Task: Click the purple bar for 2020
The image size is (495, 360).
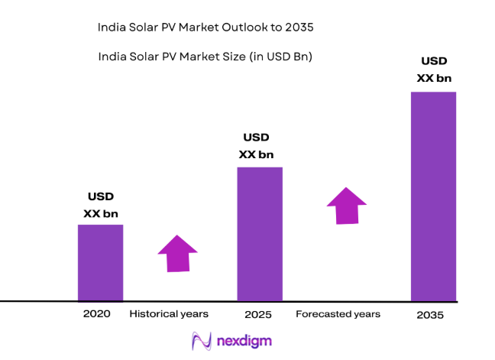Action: [x=100, y=262]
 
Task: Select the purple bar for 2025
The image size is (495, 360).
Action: [x=260, y=233]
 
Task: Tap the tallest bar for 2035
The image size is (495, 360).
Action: [x=433, y=196]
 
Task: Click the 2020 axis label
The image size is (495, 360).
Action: [x=97, y=314]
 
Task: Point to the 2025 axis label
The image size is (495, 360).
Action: [x=259, y=314]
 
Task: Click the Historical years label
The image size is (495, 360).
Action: [x=169, y=314]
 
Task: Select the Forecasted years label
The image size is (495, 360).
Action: [x=338, y=314]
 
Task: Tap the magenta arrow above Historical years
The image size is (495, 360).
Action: [x=177, y=253]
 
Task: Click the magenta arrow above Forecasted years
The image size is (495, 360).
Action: [x=346, y=205]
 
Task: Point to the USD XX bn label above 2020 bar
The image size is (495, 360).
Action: [x=101, y=205]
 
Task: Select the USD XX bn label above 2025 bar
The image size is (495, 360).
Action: [x=257, y=146]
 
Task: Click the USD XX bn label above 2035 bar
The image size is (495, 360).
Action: [x=433, y=70]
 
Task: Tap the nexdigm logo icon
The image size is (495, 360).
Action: [x=202, y=339]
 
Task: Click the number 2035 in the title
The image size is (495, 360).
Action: [x=299, y=28]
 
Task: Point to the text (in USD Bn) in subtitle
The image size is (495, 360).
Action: [x=281, y=57]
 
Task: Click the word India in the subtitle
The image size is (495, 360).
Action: [x=112, y=57]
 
